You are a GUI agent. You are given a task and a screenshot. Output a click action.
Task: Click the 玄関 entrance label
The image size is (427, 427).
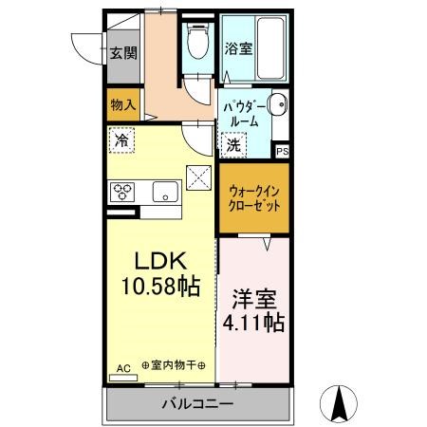(x=121, y=53)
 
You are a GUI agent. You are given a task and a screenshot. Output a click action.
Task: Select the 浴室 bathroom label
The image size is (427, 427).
(x=237, y=48)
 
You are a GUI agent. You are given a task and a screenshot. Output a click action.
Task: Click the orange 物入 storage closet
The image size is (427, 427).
(x=123, y=104)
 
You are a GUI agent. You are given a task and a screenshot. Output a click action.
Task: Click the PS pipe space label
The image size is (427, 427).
(x=282, y=151)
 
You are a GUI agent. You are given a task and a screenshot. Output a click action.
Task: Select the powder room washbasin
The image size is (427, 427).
(x=276, y=105)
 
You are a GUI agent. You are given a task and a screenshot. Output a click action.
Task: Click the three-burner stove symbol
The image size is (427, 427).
(x=124, y=191)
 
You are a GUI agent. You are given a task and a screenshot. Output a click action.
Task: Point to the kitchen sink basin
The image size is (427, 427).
(x=165, y=192)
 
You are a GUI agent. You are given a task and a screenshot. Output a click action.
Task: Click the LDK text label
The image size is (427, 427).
(x=158, y=259)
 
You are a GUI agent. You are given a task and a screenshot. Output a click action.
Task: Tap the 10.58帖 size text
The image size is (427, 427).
(x=158, y=284)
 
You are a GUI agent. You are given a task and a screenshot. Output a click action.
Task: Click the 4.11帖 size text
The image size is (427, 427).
(x=253, y=323)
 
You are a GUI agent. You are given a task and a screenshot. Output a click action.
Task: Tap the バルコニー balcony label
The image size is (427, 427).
(x=195, y=404)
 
